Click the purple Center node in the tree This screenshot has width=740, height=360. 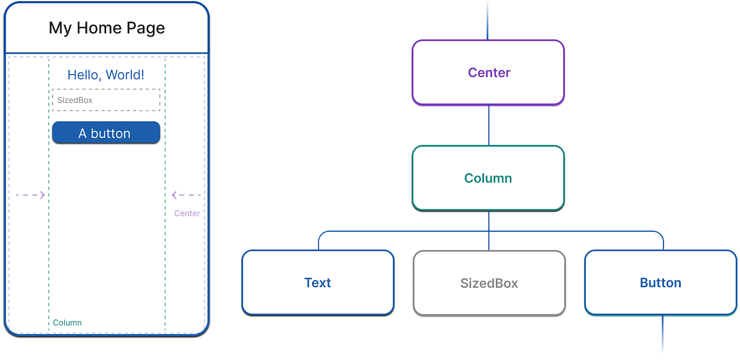tap(488, 72)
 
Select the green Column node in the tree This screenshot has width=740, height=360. tap(488, 178)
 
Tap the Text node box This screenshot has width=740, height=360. tap(318, 282)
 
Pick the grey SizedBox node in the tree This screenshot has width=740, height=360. tap(489, 283)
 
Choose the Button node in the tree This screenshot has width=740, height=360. tap(660, 282)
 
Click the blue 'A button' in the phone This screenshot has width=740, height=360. tap(106, 133)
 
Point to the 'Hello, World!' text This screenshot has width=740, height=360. tap(106, 75)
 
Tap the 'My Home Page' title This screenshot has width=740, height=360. tap(107, 28)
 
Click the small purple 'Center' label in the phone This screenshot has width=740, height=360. tap(187, 213)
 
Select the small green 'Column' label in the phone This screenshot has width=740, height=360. tap(67, 322)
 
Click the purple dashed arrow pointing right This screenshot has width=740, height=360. tap(30, 195)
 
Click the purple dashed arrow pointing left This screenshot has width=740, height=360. tap(187, 195)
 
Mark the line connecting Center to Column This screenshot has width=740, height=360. tap(489, 125)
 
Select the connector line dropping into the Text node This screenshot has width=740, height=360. tap(319, 242)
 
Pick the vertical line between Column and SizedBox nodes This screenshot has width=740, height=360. tap(489, 231)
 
